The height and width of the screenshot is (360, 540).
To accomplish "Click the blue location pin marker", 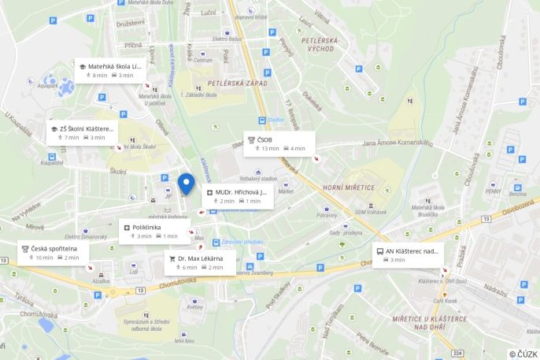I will pyautogui.click(x=186, y=183).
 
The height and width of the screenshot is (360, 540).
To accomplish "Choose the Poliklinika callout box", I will pyautogui.click(x=153, y=231).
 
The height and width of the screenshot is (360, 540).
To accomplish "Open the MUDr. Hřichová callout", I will pyautogui.click(x=238, y=195).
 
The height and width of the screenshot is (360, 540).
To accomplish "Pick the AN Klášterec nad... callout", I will pyautogui.click(x=408, y=254).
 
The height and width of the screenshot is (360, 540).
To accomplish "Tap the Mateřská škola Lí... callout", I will pyautogui.click(x=110, y=70).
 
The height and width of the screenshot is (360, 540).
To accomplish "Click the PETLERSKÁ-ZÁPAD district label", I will pyautogui.click(x=238, y=82).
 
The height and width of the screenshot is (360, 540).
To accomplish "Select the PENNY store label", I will pyautogui.click(x=494, y=190).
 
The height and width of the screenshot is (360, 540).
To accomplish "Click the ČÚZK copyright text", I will pyautogui.click(x=523, y=354).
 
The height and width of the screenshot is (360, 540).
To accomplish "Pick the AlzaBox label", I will pyautogui.click(x=101, y=280).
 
